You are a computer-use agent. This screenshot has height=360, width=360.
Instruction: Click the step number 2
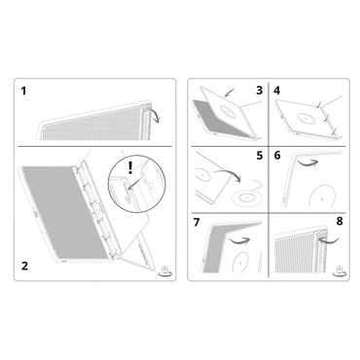tap(22, 263)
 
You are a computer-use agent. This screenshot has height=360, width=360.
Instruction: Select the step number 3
tap(259, 90)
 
